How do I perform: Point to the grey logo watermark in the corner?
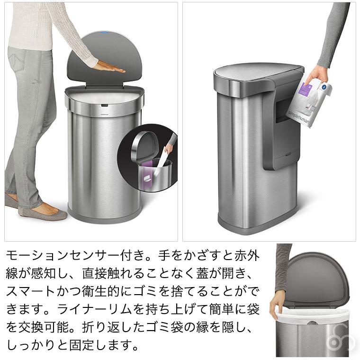pyautogui.click(x=344, y=340)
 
